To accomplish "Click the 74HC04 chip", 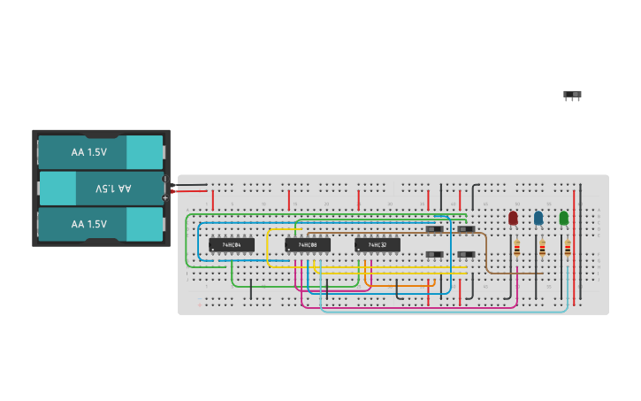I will pyautogui.click(x=232, y=244).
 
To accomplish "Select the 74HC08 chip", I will pyautogui.click(x=308, y=244).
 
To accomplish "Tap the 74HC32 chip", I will pyautogui.click(x=378, y=244).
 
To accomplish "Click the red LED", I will pyautogui.click(x=513, y=218).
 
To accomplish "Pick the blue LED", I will pyautogui.click(x=538, y=218).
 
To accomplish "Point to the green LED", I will pyautogui.click(x=564, y=218).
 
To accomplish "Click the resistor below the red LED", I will pyautogui.click(x=516, y=249).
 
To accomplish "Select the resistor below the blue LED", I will pyautogui.click(x=542, y=249).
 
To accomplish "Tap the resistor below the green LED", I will pyautogui.click(x=568, y=249).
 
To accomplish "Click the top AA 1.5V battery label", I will pyautogui.click(x=89, y=152).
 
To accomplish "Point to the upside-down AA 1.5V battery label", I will pyautogui.click(x=113, y=189).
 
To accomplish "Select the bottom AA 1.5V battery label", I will pyautogui.click(x=89, y=224).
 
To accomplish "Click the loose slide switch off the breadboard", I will pyautogui.click(x=572, y=95).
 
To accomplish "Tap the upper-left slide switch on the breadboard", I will pyautogui.click(x=435, y=229).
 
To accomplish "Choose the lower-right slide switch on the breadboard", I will pyautogui.click(x=466, y=255).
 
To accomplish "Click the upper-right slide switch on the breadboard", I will pyautogui.click(x=466, y=229).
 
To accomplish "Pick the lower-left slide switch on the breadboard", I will pyautogui.click(x=435, y=255).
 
